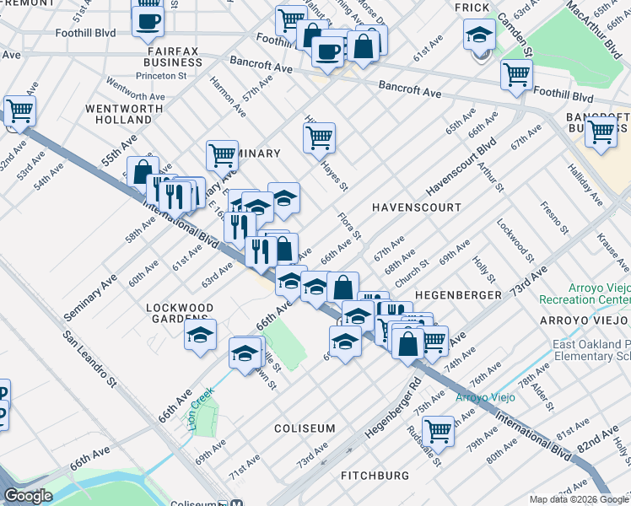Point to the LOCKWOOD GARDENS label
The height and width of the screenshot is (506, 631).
(177, 313)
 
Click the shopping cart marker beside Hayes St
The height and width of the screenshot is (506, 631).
(320, 137)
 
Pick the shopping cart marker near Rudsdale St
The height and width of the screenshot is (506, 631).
(439, 430)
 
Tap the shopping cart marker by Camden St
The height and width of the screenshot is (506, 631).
(516, 74)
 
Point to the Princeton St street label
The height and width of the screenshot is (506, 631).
(163, 76)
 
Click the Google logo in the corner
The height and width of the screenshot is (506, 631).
(28, 496)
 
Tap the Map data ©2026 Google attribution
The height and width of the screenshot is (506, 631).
(579, 499)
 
